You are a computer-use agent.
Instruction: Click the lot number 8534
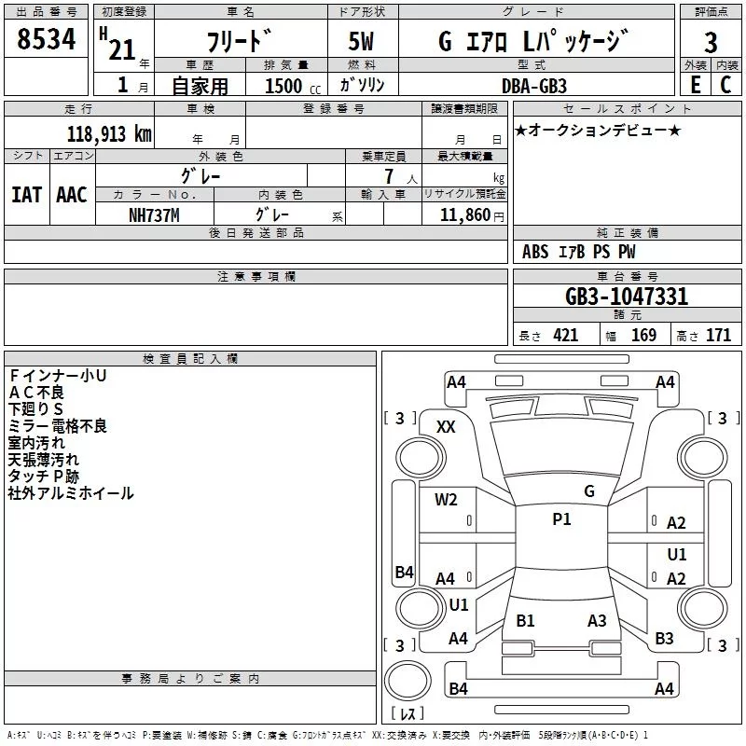pos(46,39)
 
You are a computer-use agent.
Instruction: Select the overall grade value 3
pos(711,43)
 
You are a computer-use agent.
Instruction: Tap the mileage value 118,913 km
pos(109,134)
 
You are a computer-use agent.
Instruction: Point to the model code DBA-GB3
pos(534,86)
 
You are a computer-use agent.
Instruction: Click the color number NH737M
pos(154,215)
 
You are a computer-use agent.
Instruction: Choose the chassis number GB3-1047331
pos(627,297)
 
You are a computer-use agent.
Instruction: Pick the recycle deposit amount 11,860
pos(465,215)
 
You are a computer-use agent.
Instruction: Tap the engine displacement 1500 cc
pos(293,86)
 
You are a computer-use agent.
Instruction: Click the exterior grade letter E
pos(696,85)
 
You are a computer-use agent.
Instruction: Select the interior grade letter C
pos(725,85)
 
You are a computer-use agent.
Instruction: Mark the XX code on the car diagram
pos(446,427)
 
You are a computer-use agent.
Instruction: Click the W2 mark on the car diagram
pos(446,500)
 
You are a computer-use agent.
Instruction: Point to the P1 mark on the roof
pos(561,519)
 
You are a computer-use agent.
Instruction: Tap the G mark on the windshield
pos(589,491)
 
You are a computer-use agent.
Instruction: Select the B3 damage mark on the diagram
pos(664,639)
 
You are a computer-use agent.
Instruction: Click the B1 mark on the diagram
pos(525,621)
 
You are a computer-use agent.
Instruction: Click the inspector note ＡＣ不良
pos(36,393)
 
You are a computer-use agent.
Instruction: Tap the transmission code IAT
pos(27,195)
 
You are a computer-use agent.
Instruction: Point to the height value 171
pos(718,336)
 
